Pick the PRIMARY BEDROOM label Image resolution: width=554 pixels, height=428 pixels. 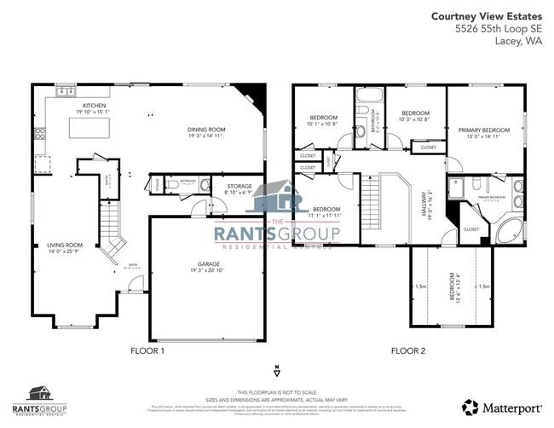483,130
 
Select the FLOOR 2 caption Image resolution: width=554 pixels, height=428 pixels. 408,350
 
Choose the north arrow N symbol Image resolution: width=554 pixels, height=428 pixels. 277,371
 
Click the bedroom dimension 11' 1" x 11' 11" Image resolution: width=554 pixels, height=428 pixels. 326,217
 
